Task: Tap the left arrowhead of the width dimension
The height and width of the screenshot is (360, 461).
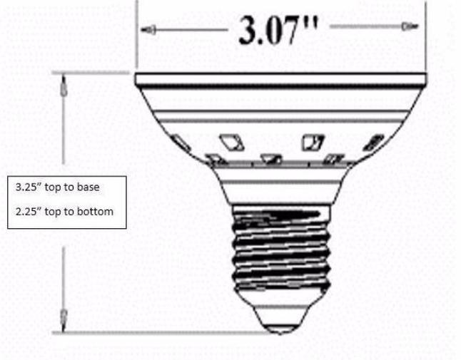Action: tap(148, 30)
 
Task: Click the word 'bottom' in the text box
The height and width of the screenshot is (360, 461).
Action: tap(97, 212)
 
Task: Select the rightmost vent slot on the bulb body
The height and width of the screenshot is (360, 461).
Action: tap(373, 143)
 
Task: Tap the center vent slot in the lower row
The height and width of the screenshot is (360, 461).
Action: tap(272, 159)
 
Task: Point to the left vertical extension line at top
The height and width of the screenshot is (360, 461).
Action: tap(136, 36)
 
